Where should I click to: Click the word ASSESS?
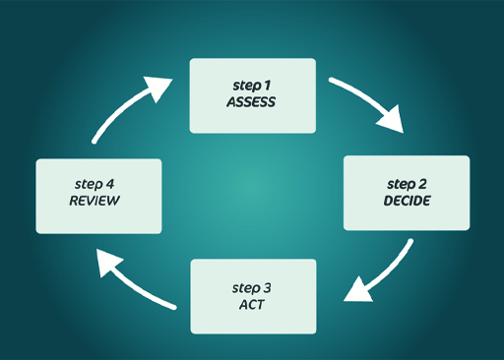click(x=251, y=101)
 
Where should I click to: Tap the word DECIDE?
click(x=407, y=201)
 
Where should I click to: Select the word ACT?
click(x=252, y=304)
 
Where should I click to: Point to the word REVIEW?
click(x=94, y=201)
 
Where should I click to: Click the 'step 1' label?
click(x=251, y=85)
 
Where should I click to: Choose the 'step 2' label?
click(x=407, y=184)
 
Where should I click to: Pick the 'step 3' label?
click(x=252, y=287)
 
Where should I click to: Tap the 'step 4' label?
click(x=94, y=184)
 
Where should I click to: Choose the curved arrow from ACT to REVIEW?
click(x=143, y=287)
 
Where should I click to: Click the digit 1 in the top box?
click(x=267, y=85)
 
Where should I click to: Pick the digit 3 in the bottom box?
click(x=268, y=287)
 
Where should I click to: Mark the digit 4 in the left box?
click(x=111, y=184)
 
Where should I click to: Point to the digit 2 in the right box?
click(x=423, y=184)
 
